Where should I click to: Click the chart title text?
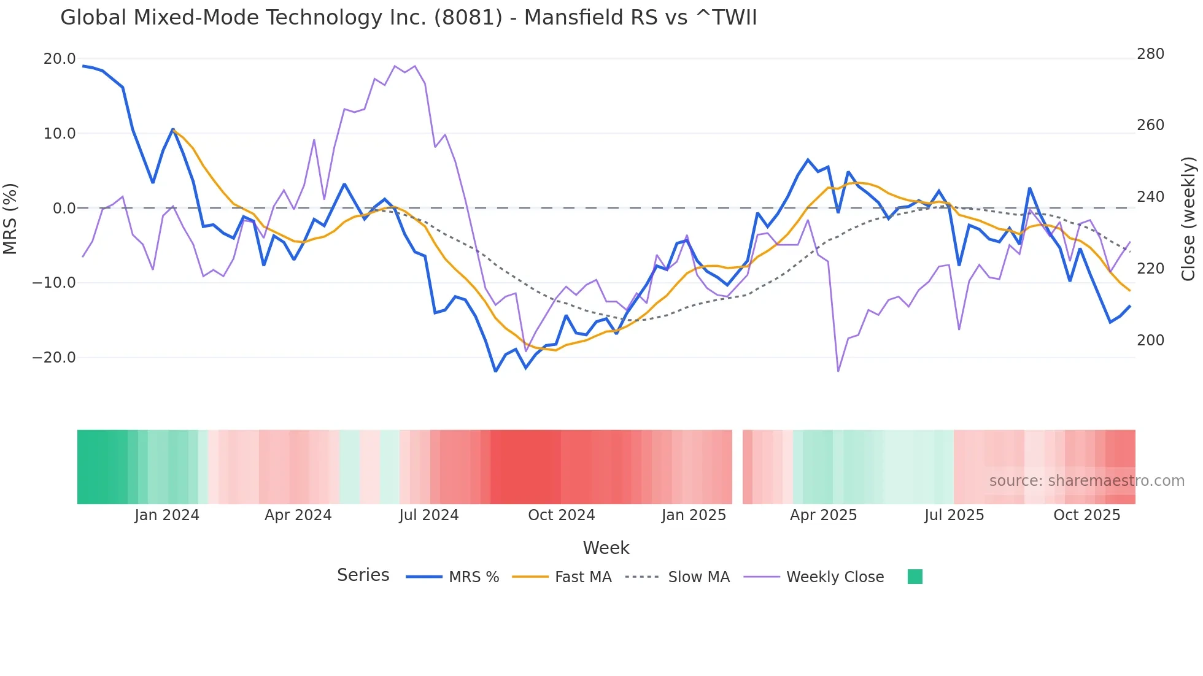tap(408, 18)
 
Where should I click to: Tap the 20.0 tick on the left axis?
tap(59, 59)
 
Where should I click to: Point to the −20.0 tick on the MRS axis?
tap(54, 358)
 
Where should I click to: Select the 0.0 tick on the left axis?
tap(64, 209)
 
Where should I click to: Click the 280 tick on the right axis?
tap(1150, 54)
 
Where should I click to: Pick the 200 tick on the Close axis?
tap(1150, 340)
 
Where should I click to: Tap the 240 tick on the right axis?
tap(1150, 197)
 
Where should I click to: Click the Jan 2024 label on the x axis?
tap(167, 515)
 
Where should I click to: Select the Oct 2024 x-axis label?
tap(561, 515)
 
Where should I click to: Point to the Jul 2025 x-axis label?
tap(954, 515)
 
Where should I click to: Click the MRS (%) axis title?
tap(10, 218)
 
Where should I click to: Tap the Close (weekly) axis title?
tap(1189, 218)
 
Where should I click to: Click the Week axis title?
tap(606, 548)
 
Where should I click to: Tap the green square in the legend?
tap(915, 577)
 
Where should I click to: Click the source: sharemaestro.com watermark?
tap(1086, 481)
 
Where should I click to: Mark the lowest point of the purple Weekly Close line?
tap(838, 371)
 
